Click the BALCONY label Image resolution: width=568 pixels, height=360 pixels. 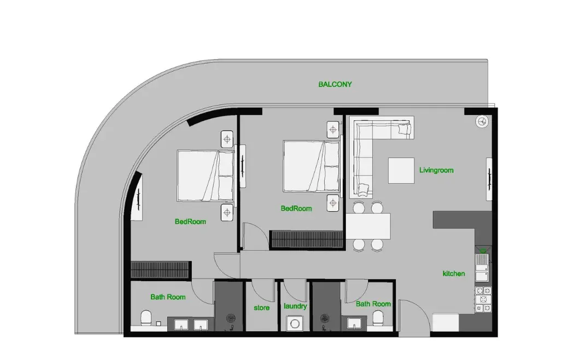pos(335,84)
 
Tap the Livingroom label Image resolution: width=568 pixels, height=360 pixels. pos(436,170)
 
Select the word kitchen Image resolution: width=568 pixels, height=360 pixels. pos(454,274)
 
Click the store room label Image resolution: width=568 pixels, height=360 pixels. pos(261,308)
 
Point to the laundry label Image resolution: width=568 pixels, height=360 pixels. pos(295,306)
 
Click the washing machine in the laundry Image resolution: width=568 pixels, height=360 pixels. pos(295,323)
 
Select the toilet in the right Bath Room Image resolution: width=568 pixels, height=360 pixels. pos(377,319)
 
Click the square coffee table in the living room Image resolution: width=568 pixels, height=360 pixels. pos(401,171)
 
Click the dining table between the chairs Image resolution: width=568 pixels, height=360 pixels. pos(368,226)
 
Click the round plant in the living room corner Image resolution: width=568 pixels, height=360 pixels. pos(482,121)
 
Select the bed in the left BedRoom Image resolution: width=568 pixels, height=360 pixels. pos(206,176)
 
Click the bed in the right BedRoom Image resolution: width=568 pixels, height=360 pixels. pos(312,166)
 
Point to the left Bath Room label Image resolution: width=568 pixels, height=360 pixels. pos(168,297)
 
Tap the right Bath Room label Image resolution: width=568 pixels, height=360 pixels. pos(373,304)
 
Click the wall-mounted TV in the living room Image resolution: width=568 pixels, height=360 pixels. pos(489,179)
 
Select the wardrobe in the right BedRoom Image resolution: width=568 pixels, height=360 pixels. pos(307,239)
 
